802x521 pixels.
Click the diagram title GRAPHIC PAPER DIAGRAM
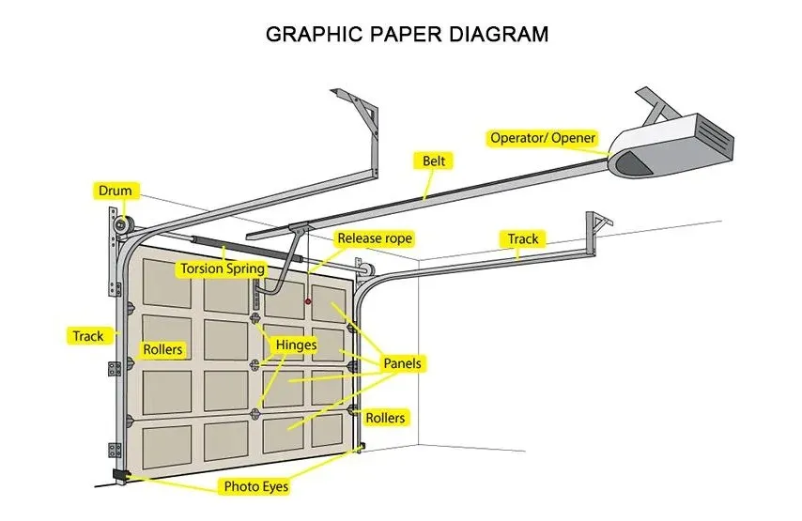click(x=407, y=35)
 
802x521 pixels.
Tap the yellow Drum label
click(x=116, y=192)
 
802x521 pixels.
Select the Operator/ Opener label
click(x=543, y=138)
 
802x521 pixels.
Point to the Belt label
click(x=433, y=161)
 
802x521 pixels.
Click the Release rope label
click(x=374, y=238)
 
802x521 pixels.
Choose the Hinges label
click(x=295, y=345)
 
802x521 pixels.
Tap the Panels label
click(x=403, y=363)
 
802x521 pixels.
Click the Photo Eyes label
click(x=254, y=486)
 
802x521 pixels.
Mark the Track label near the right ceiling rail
click(x=523, y=238)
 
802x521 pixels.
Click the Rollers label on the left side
click(x=162, y=350)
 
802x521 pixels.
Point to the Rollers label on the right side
click(x=386, y=417)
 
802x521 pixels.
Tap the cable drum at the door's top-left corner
click(x=119, y=226)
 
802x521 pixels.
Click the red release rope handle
click(x=307, y=301)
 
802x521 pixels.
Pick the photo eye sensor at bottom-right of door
click(x=360, y=447)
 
